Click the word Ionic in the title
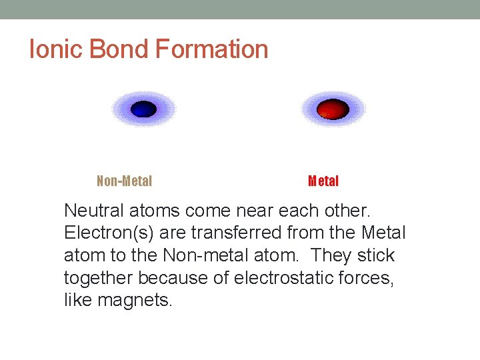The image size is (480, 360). tap(56, 49)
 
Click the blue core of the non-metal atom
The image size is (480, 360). tap(143, 109)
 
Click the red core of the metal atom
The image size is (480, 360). tap(332, 109)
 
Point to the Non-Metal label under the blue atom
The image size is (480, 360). tap(125, 181)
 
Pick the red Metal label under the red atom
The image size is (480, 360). tap(323, 181)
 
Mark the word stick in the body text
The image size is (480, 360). tap(377, 255)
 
